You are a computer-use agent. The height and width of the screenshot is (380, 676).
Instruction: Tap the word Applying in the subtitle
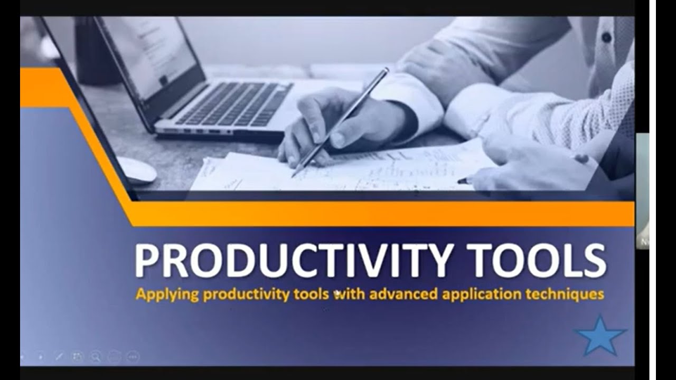pyautogui.click(x=167, y=294)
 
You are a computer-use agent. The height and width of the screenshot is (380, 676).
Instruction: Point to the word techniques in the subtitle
pyautogui.click(x=565, y=293)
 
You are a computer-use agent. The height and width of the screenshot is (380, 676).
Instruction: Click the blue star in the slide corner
pyautogui.click(x=600, y=336)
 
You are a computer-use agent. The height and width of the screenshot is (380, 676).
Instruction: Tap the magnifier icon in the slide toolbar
pyautogui.click(x=96, y=356)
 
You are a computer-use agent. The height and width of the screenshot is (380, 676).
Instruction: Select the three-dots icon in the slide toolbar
pyautogui.click(x=133, y=356)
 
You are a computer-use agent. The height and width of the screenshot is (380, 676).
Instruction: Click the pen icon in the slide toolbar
pyautogui.click(x=59, y=356)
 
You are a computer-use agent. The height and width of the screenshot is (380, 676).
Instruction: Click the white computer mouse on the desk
pyautogui.click(x=136, y=169)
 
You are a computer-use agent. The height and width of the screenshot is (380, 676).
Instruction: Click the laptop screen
pyautogui.click(x=151, y=50)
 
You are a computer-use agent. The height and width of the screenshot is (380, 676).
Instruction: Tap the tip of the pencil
pyautogui.click(x=294, y=175)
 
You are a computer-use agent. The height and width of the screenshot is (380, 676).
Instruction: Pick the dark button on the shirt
pyautogui.click(x=606, y=37)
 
